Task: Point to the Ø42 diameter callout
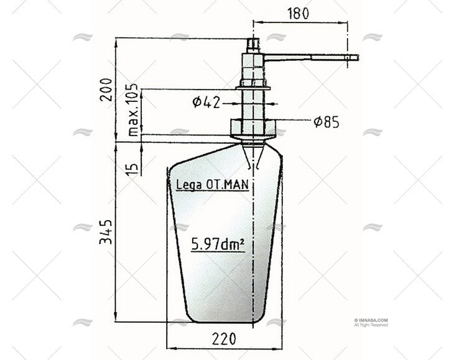pos(206,102)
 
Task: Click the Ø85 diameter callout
pos(326,122)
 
